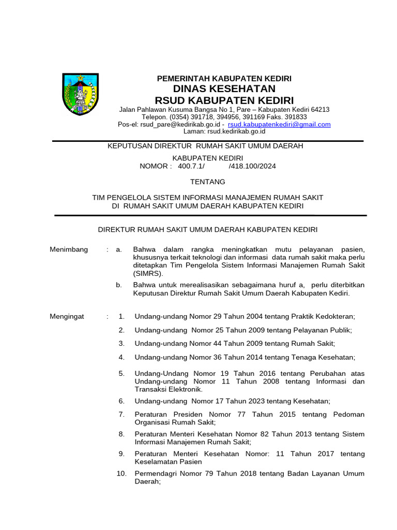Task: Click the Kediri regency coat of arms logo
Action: click(x=80, y=94)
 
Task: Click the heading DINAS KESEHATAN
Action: click(x=224, y=89)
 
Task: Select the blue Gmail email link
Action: click(x=279, y=125)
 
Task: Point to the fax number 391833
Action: click(x=296, y=117)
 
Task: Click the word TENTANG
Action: click(x=208, y=182)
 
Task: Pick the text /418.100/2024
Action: click(x=252, y=166)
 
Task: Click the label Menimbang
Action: click(x=69, y=249)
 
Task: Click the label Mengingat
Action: click(x=67, y=316)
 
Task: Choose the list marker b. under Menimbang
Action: click(x=119, y=285)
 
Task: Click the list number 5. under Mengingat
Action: click(x=121, y=373)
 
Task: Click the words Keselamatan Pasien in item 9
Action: click(x=168, y=462)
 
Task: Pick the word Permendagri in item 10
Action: click(x=155, y=474)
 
